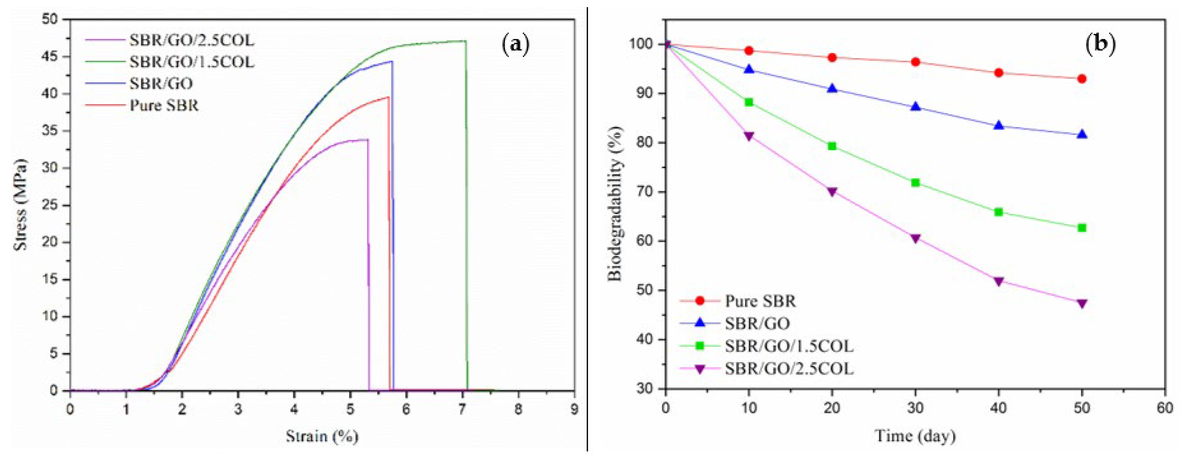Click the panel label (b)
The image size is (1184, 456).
(1100, 45)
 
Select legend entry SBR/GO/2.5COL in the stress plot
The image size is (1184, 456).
(191, 40)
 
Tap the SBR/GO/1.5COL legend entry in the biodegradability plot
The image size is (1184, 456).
(789, 346)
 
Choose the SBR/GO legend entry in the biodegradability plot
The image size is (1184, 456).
(757, 323)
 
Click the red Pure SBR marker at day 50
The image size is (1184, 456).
(1082, 79)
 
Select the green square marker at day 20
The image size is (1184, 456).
(832, 146)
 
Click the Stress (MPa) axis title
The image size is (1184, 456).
(20, 205)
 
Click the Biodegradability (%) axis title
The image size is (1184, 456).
(615, 204)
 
